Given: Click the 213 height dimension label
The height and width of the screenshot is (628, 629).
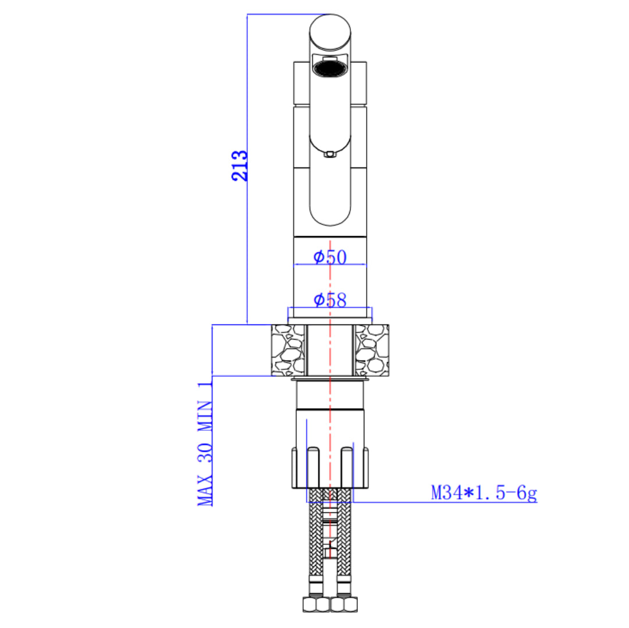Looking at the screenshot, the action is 240,166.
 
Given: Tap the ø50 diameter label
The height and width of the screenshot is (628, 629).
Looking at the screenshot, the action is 330,257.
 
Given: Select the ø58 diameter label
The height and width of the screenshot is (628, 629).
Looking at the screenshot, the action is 330,300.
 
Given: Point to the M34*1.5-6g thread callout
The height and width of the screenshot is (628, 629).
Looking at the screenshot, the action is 484,493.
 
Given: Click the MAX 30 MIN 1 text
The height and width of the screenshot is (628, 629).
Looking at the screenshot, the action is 205,443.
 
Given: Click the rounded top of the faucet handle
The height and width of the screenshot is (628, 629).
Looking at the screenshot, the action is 330,32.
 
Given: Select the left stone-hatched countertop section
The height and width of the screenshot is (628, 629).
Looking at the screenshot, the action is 287,350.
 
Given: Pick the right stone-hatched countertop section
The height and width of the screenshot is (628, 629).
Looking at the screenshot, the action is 372,350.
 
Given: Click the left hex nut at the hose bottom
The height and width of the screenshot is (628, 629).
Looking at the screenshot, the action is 316,604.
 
